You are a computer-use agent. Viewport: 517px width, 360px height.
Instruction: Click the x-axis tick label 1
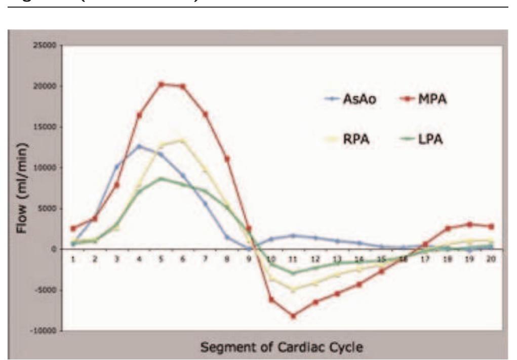coord(73,259)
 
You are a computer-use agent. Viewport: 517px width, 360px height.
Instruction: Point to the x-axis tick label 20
coord(491,259)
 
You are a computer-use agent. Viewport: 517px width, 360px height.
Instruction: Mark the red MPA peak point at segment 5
coord(162,84)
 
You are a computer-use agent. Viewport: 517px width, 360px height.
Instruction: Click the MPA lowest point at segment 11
coord(294,316)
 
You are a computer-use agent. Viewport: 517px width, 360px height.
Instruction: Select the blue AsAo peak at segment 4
coord(139,146)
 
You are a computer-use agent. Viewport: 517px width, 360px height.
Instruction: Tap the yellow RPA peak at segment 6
coord(183,140)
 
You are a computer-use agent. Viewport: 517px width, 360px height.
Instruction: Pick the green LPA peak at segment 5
coord(162,178)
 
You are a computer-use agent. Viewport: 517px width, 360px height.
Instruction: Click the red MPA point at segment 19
coord(469,224)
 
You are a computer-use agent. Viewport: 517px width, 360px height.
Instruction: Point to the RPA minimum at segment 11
coord(294,289)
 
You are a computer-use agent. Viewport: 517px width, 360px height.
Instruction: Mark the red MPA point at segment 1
coord(73,228)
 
